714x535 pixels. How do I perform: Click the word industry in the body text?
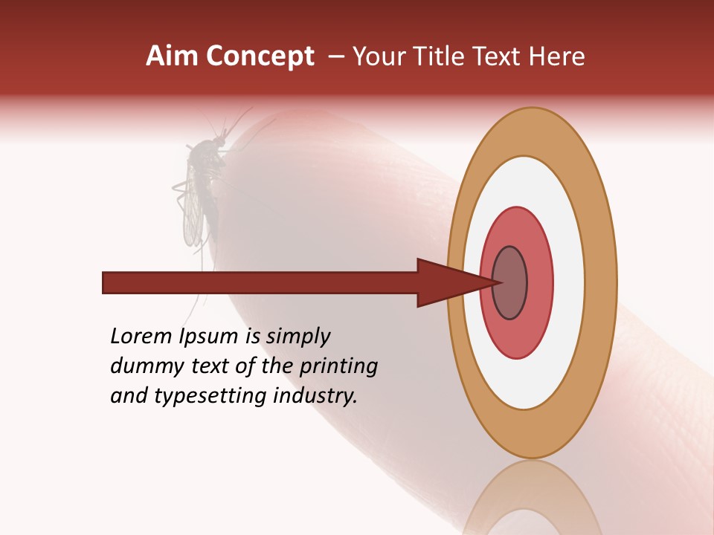click(x=315, y=396)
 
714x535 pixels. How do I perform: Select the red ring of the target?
click(x=540, y=282)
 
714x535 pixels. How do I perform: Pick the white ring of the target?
click(x=569, y=282)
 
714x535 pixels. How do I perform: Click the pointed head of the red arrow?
click(x=454, y=282)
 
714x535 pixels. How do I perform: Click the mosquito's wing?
click(x=193, y=215)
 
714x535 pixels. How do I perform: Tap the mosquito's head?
click(x=220, y=140)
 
